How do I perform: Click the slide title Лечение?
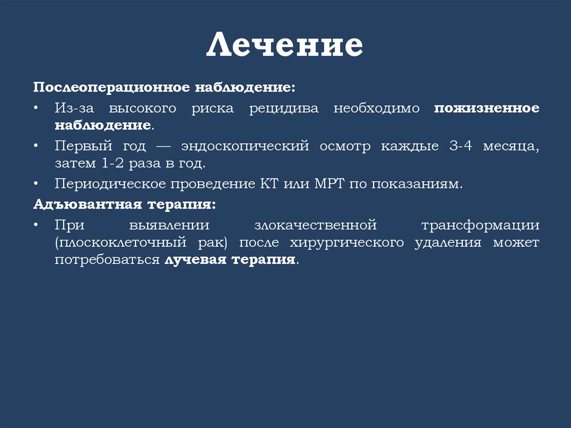[x=285, y=46]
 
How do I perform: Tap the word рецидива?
[x=284, y=108]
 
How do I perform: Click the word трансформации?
[x=487, y=225]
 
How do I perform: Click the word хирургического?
[x=347, y=243]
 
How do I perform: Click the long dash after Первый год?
[x=163, y=147]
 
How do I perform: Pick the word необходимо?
[x=376, y=108]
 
